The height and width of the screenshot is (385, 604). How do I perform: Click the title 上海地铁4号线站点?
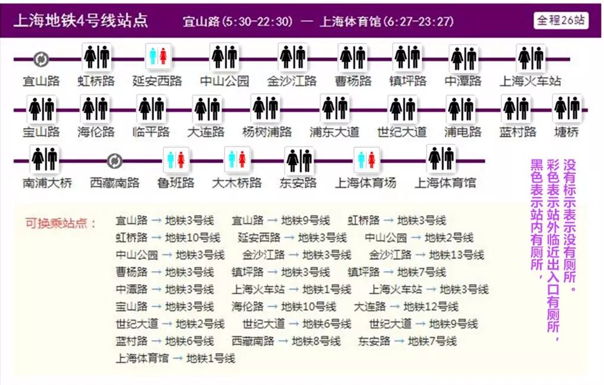pyautogui.click(x=81, y=21)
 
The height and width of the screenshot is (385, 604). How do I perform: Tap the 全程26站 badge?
pyautogui.click(x=561, y=20)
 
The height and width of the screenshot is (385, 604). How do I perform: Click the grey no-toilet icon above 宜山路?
pyautogui.click(x=41, y=59)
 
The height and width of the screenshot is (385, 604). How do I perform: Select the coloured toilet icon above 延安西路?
pyautogui.click(x=158, y=57)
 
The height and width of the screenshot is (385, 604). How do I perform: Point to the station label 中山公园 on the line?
pyautogui.click(x=224, y=81)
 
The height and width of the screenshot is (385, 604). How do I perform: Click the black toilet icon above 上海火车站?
pyautogui.click(x=530, y=58)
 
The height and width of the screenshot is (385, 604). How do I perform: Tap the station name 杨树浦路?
pyautogui.click(x=267, y=132)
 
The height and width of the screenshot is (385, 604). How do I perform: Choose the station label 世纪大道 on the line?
pyautogui.click(x=402, y=132)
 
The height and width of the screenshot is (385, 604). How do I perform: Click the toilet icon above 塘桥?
pyautogui.click(x=567, y=108)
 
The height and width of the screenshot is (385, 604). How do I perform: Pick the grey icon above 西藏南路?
pyautogui.click(x=115, y=161)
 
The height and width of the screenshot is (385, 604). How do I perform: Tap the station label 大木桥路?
pyautogui.click(x=237, y=183)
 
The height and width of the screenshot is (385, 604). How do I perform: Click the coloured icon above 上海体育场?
pyautogui.click(x=366, y=160)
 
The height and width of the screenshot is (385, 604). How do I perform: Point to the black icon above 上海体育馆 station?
pyautogui.click(x=440, y=158)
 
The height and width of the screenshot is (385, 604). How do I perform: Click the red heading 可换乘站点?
pyautogui.click(x=61, y=223)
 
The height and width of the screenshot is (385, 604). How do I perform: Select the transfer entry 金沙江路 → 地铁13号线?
pyautogui.click(x=426, y=255)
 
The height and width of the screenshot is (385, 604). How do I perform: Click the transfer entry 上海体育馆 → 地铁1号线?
pyautogui.click(x=175, y=358)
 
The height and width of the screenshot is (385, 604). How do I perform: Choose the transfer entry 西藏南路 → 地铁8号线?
pyautogui.click(x=286, y=341)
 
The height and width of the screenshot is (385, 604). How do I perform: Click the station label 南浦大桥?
pyautogui.click(x=47, y=183)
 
